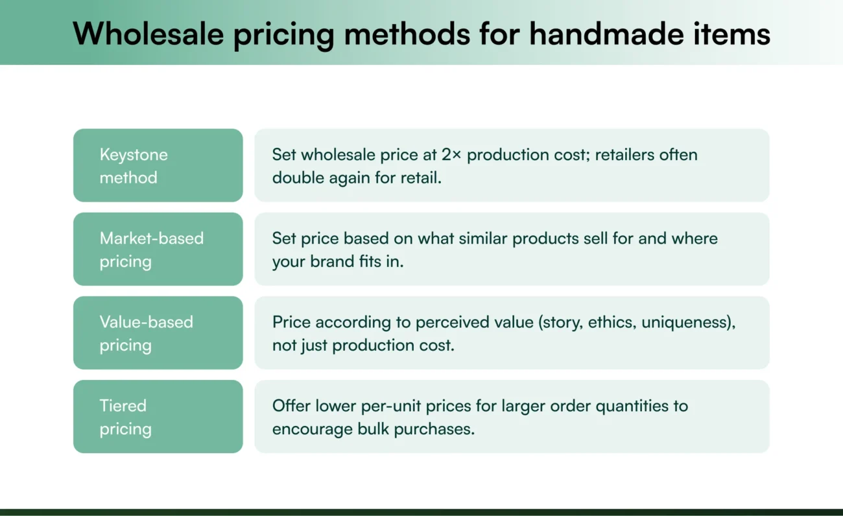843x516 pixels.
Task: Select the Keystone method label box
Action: (x=158, y=165)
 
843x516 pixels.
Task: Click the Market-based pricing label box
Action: (x=158, y=249)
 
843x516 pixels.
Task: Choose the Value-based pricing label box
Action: (x=158, y=333)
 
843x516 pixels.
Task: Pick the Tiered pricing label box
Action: (x=158, y=416)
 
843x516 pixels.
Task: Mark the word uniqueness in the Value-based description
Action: (x=686, y=322)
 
